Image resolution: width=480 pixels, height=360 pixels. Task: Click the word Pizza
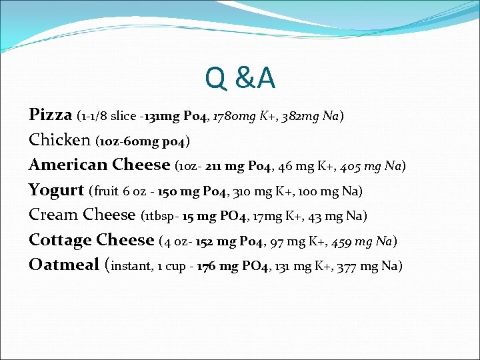click(x=51, y=115)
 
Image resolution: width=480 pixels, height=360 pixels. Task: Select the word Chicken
click(x=60, y=140)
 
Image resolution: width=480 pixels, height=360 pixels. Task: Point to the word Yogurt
click(x=56, y=191)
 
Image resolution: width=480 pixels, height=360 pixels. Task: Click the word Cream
click(x=53, y=215)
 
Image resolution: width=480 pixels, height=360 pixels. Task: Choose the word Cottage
click(x=59, y=240)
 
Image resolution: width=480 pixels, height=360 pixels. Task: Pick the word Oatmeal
click(x=64, y=265)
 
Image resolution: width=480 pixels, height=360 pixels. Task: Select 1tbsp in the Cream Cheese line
click(x=160, y=216)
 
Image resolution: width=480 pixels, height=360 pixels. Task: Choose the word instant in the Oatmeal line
click(x=132, y=266)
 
